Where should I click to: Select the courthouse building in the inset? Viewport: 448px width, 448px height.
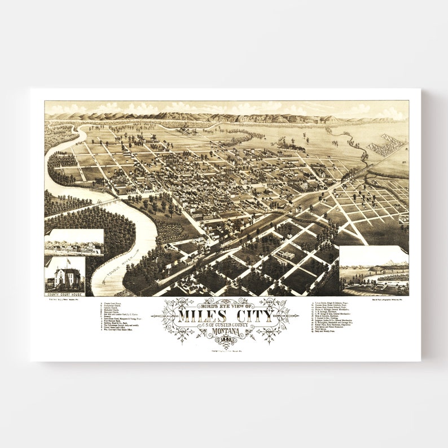pos(66,278)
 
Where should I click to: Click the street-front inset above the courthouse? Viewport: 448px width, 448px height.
pos(74,243)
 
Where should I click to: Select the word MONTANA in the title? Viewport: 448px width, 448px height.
pos(226,331)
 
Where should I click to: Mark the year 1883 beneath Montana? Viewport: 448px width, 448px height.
pos(226,337)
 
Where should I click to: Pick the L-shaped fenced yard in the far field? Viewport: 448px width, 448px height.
pos(386,145)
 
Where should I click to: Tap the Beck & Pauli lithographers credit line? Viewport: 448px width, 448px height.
pos(389,300)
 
